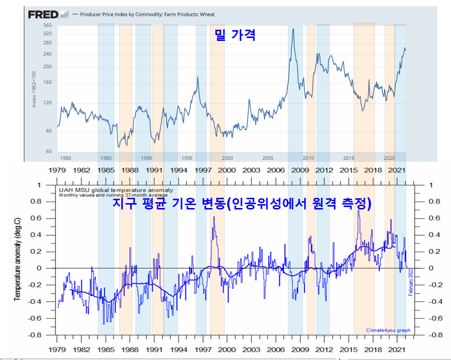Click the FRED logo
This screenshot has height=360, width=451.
click(44, 15)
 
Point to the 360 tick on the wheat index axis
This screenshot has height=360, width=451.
click(47, 25)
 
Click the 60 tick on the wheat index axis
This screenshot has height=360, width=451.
click(48, 152)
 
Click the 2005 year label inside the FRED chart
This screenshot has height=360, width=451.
click(267, 158)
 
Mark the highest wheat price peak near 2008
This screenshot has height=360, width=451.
click(293, 29)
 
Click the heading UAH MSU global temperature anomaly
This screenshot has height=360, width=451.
click(116, 190)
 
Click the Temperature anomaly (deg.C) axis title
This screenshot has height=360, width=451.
click(17, 260)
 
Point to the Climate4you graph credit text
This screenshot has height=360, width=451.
click(388, 330)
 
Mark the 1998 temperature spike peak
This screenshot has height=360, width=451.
click(213, 217)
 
